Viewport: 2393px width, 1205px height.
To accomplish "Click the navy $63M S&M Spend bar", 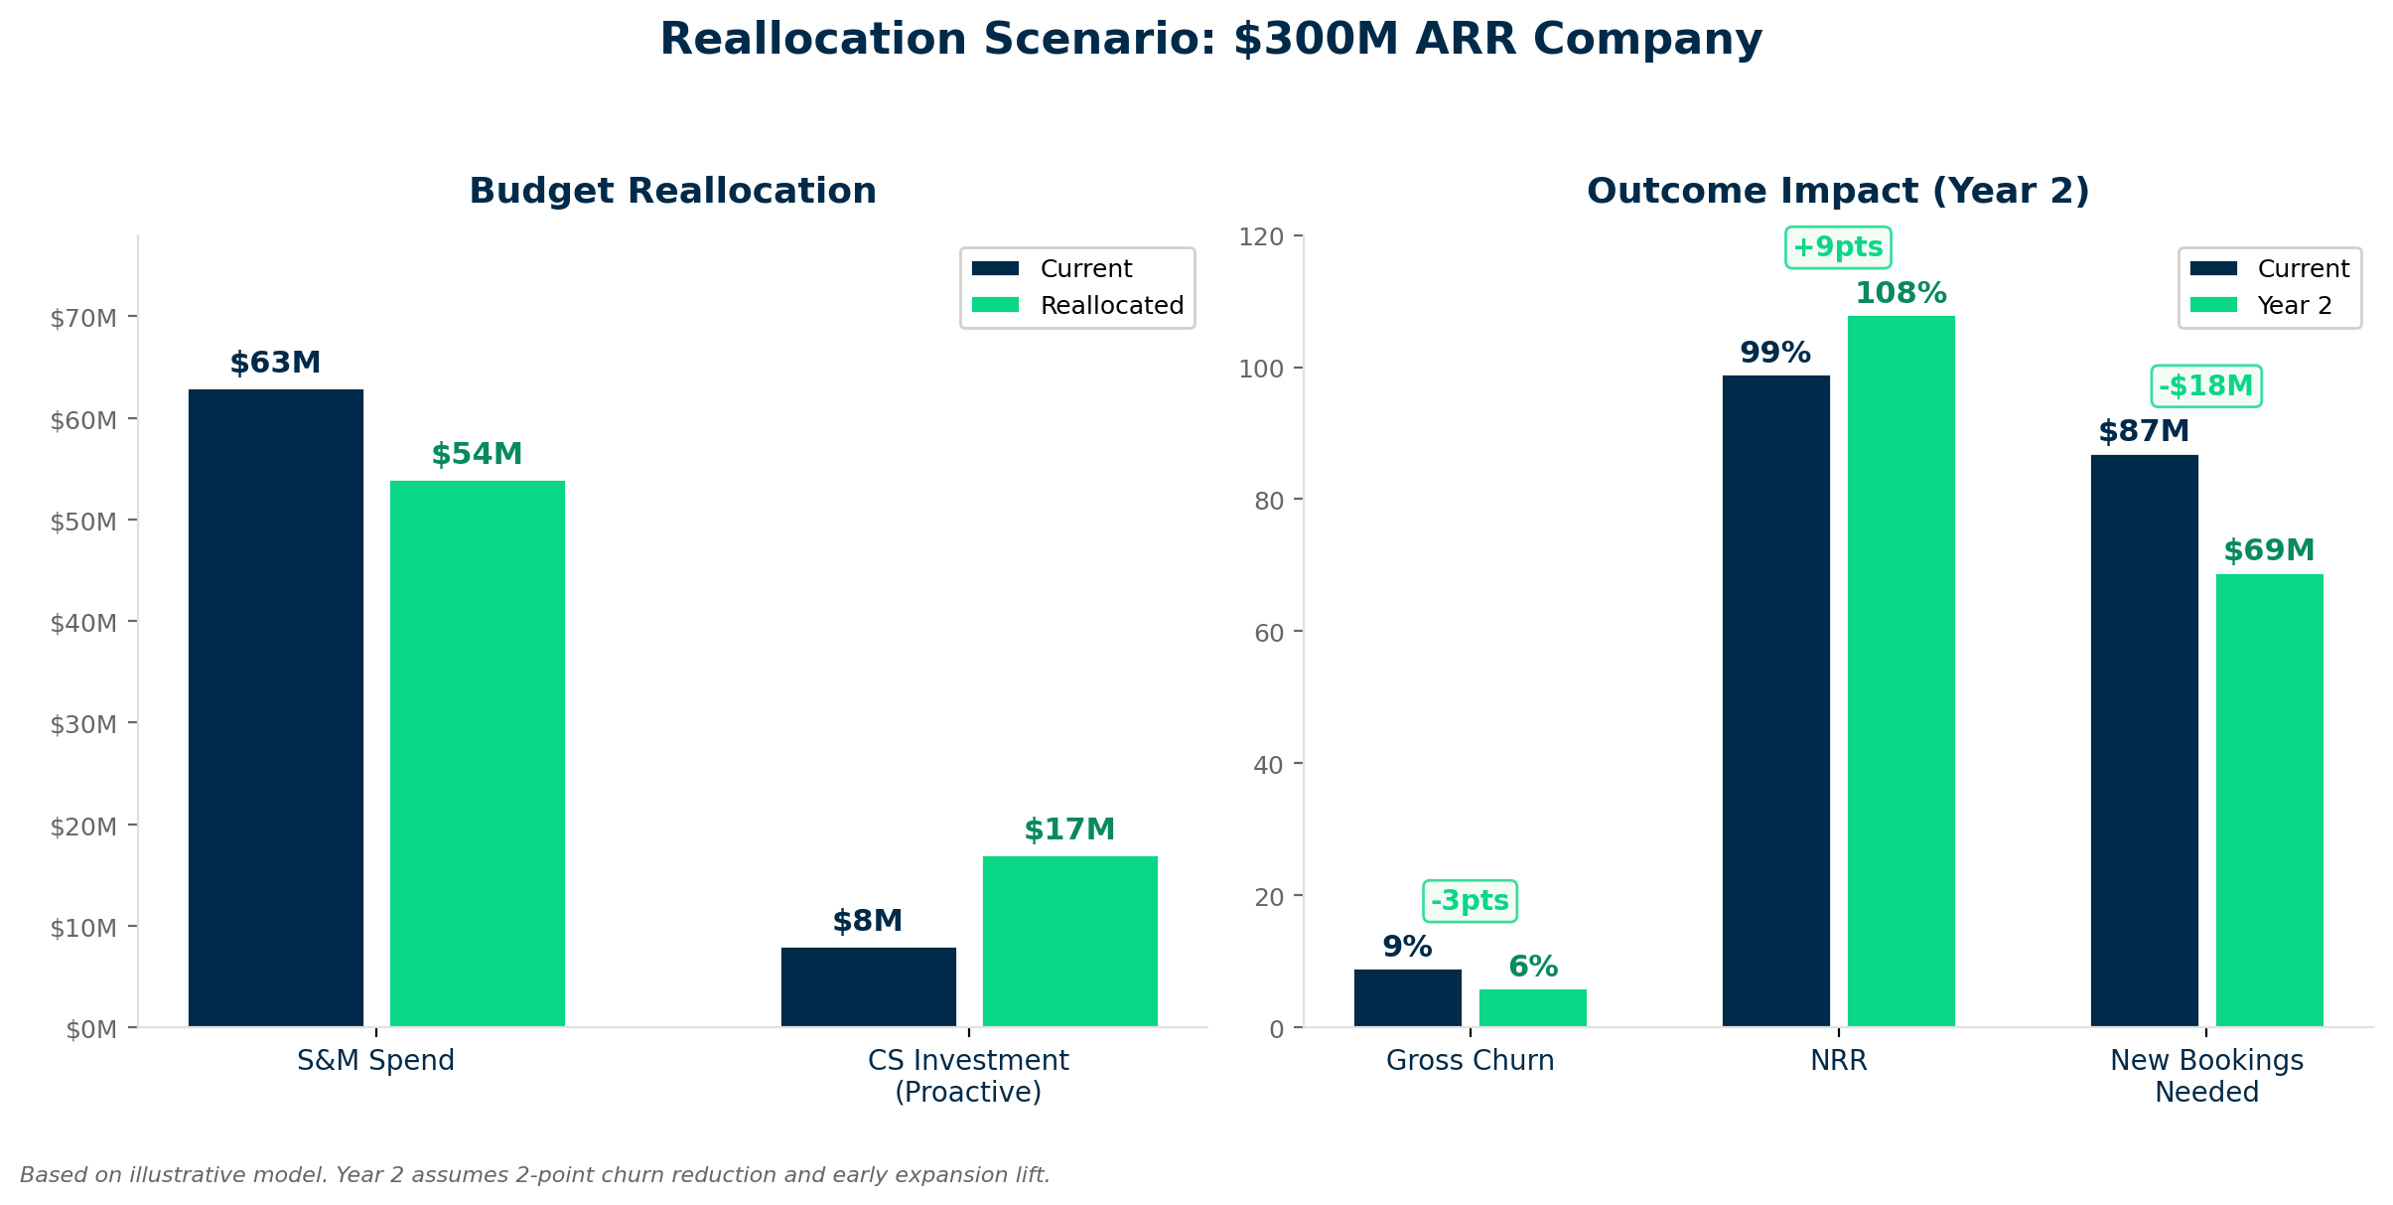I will pyautogui.click(x=275, y=707).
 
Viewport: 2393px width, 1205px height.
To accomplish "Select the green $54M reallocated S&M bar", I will pyautogui.click(x=477, y=753).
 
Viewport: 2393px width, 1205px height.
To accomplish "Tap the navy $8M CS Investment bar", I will pyautogui.click(x=868, y=986).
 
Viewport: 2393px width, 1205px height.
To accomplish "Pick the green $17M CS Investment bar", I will pyautogui.click(x=1069, y=941).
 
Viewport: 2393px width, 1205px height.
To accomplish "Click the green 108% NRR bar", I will pyautogui.click(x=1900, y=671).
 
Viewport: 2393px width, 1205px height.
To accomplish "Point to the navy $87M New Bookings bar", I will pyautogui.click(x=2144, y=740).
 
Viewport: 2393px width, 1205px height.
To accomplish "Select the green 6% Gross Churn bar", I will pyautogui.click(x=1532, y=1007).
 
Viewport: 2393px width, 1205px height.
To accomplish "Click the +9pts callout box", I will pyautogui.click(x=1838, y=247).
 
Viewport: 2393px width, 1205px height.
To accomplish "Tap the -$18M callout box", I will pyautogui.click(x=2205, y=386).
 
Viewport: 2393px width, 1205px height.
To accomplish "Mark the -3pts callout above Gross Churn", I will pyautogui.click(x=1470, y=901).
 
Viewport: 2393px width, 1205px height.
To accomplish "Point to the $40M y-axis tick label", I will pyautogui.click(x=83, y=623).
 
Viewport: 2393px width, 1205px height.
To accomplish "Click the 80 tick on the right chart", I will pyautogui.click(x=1269, y=501).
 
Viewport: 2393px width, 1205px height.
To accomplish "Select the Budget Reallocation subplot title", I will pyautogui.click(x=672, y=191).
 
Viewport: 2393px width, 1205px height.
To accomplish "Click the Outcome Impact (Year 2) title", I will pyautogui.click(x=1838, y=191).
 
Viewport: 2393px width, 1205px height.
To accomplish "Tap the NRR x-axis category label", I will pyautogui.click(x=1838, y=1061).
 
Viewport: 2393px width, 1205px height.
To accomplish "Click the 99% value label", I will pyautogui.click(x=1775, y=353).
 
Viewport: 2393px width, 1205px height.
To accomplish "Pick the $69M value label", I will pyautogui.click(x=2269, y=550).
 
